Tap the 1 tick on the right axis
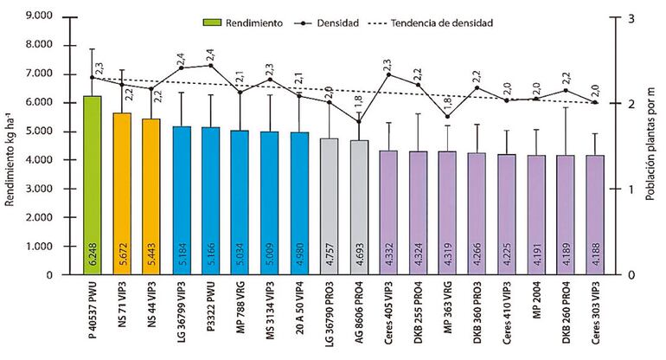click(x=632, y=189)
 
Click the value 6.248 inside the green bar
click(x=93, y=255)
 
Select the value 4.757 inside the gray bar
click(x=330, y=255)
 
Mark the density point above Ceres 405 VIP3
click(x=388, y=74)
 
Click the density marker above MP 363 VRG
click(x=447, y=116)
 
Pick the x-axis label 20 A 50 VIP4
click(x=300, y=316)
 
